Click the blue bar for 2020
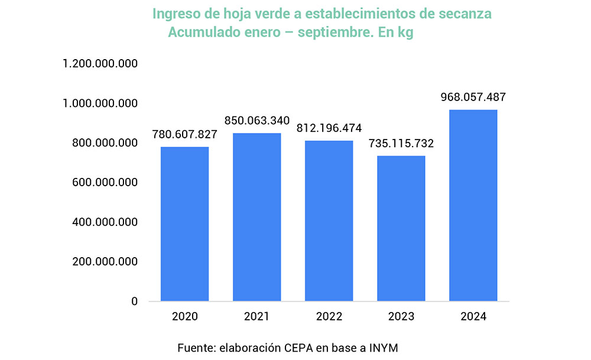pyautogui.click(x=185, y=224)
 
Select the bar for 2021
pyautogui.click(x=256, y=217)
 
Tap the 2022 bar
pyautogui.click(x=329, y=221)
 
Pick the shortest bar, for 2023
pyautogui.click(x=401, y=229)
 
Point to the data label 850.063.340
pyautogui.click(x=257, y=121)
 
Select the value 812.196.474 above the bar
pyautogui.click(x=329, y=128)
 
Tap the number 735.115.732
pyautogui.click(x=401, y=144)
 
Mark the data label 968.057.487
pyautogui.click(x=473, y=98)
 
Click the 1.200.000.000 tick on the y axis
pyautogui.click(x=100, y=64)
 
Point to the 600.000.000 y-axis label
pyautogui.click(x=104, y=183)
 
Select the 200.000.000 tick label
pyautogui.click(x=104, y=262)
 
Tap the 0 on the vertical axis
pyautogui.click(x=134, y=301)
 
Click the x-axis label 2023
pyautogui.click(x=401, y=317)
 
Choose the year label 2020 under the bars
pyautogui.click(x=185, y=317)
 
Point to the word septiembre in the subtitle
pyautogui.click(x=335, y=33)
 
